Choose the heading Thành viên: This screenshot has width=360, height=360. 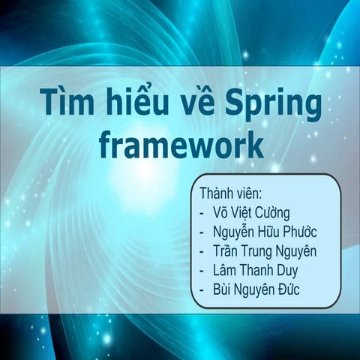(230, 193)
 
